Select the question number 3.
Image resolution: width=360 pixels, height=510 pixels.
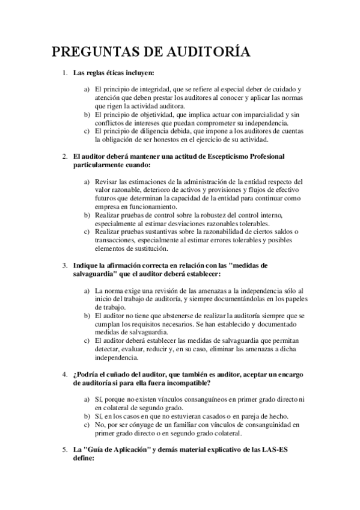[65, 265]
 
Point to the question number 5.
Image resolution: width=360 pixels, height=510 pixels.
[65, 449]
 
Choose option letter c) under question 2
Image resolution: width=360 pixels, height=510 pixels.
[87, 232]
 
